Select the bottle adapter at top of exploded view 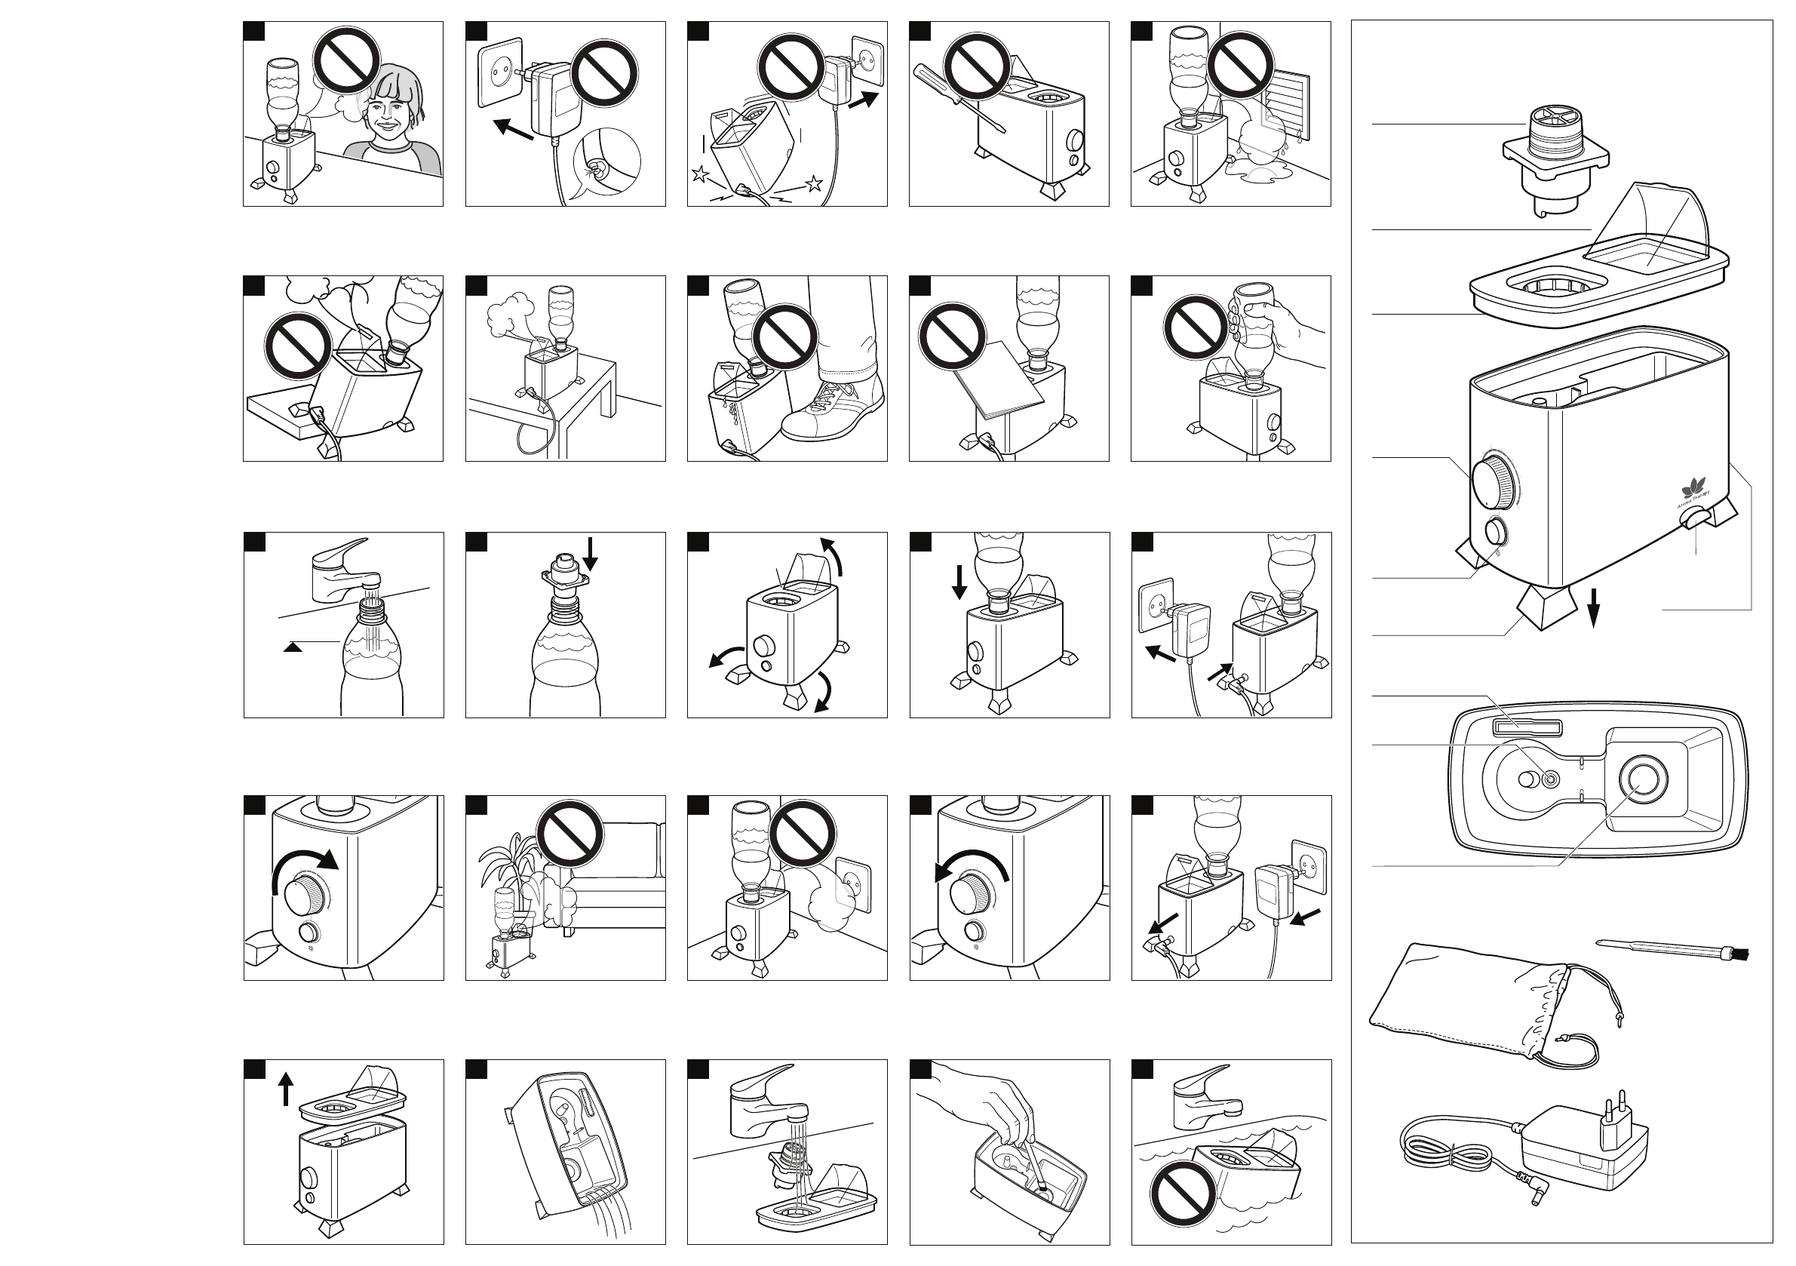(x=1555, y=161)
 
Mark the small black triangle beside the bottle (x=293, y=647)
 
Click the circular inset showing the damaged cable (x=606, y=164)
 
